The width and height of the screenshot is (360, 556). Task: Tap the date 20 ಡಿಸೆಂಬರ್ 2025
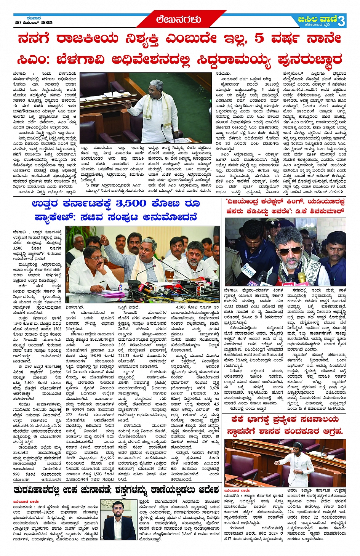[34, 22]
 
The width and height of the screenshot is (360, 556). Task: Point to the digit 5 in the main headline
[259, 38]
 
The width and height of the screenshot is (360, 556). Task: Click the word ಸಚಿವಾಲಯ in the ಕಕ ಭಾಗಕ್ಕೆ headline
[316, 419]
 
